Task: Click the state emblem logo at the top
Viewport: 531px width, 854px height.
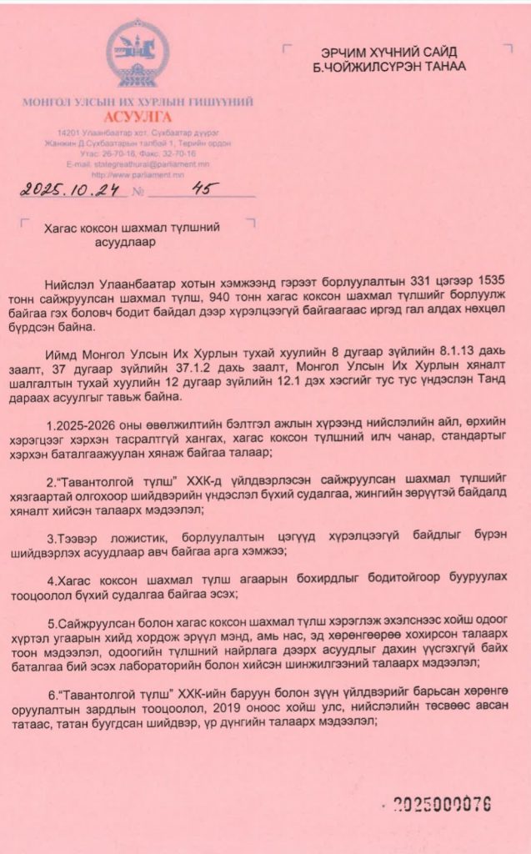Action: [138, 56]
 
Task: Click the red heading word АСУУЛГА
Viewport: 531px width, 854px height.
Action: [138, 117]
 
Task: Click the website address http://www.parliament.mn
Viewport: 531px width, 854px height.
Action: [138, 174]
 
